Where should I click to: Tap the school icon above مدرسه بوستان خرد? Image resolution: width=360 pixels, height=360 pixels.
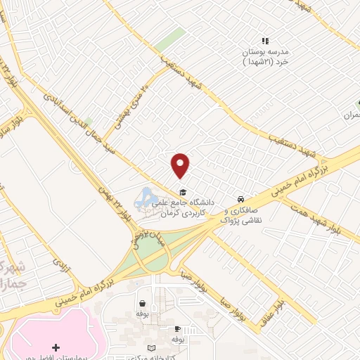(266, 41)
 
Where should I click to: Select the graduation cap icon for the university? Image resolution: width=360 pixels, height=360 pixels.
(182, 193)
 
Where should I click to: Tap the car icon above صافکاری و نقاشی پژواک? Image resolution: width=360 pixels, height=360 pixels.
(241, 199)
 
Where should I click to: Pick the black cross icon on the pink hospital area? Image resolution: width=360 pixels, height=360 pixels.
(56, 347)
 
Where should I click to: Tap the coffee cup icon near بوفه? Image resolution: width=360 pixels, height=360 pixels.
(177, 328)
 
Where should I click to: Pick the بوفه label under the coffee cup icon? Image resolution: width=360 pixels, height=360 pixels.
(177, 339)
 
